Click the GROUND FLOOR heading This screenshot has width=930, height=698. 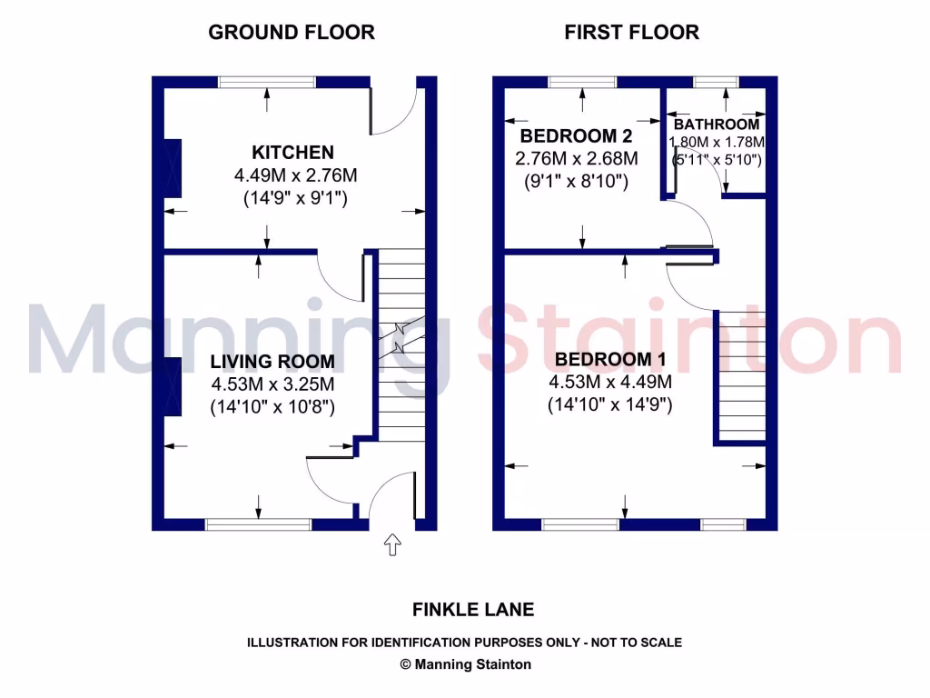pos(292,33)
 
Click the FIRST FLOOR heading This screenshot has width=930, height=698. pos(631,33)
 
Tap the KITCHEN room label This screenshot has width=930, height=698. pos(292,153)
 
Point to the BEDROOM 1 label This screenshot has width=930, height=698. pos(609,359)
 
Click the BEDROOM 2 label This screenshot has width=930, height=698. pos(576,136)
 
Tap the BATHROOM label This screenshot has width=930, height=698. pos(717,125)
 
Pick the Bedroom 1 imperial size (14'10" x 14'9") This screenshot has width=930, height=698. pos(609,405)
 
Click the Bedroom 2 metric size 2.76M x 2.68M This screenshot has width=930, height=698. pos(576,159)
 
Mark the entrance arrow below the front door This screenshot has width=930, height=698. pos(392,545)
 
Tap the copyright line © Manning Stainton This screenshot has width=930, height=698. pos(465,664)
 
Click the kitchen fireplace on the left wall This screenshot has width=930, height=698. pos(172,169)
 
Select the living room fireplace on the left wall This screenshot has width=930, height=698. pos(172,386)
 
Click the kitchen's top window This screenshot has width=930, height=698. pos(267,82)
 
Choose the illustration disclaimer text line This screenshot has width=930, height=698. pos(465,643)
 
